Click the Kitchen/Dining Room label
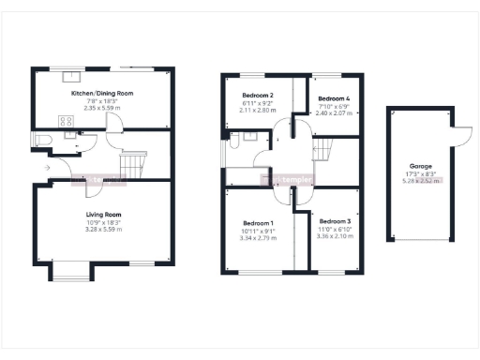tap(104, 94)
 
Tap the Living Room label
tap(104, 214)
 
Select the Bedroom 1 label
tap(256, 222)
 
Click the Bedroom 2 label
tap(257, 96)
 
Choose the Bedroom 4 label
tap(332, 98)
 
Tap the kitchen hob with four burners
tap(67, 120)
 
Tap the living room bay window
tap(71, 273)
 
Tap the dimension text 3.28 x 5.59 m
tap(104, 229)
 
